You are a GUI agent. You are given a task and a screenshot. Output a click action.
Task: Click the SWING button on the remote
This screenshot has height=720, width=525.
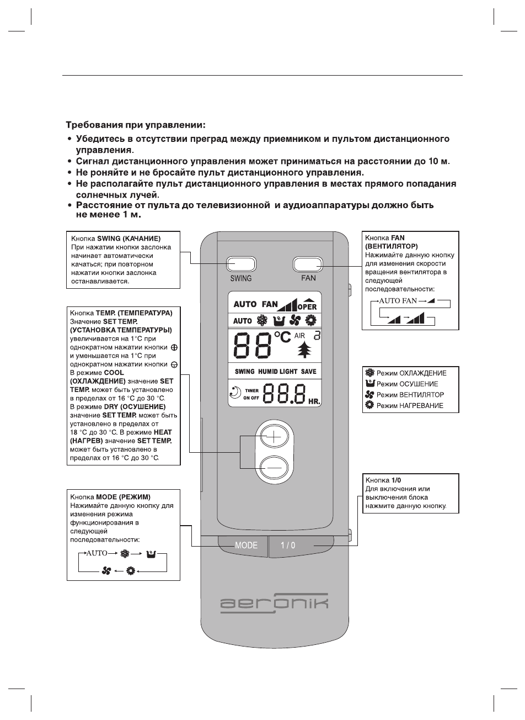(x=241, y=263)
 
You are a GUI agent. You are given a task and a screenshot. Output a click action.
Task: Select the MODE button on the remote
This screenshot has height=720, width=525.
(x=246, y=545)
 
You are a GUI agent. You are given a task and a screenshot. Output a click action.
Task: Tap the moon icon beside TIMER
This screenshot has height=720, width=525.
(x=234, y=393)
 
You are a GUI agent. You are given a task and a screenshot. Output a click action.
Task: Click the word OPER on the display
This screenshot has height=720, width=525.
(x=307, y=306)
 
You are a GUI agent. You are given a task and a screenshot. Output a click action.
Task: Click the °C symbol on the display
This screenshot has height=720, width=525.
(x=282, y=336)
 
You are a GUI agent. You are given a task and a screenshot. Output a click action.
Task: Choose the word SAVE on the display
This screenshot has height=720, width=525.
(x=309, y=372)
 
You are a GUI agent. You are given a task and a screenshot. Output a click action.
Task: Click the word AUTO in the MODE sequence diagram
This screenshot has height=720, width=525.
(x=96, y=553)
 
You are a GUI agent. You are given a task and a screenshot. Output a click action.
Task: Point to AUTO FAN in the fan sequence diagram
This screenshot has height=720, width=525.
(x=396, y=301)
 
